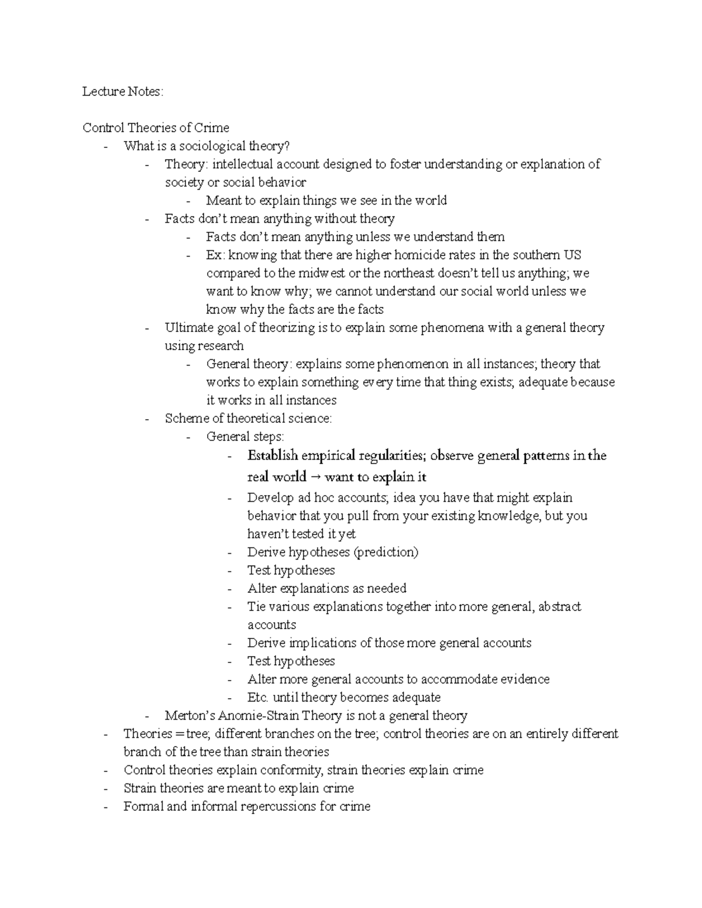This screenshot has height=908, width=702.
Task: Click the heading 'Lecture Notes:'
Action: (x=123, y=92)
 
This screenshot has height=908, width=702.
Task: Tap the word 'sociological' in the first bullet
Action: (x=212, y=146)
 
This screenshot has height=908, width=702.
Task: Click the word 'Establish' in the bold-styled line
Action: (x=273, y=455)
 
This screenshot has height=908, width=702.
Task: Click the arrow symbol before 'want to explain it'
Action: (x=315, y=477)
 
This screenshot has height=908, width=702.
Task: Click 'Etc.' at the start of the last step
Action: (x=257, y=697)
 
